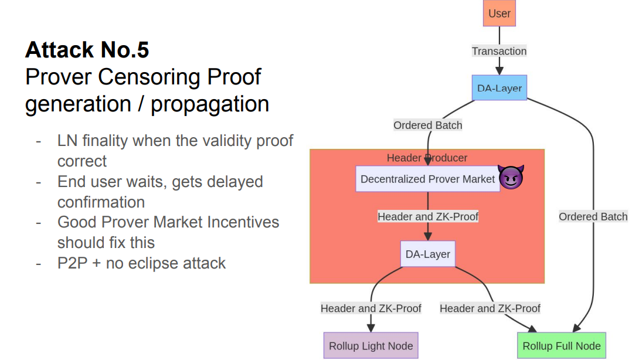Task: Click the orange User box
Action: (x=499, y=13)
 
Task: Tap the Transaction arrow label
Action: (x=499, y=51)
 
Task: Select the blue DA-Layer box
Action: (x=499, y=89)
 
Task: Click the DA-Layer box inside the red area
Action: (x=428, y=254)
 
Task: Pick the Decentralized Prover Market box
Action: (x=427, y=179)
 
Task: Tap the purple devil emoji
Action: (x=511, y=178)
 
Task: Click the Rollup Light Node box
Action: (x=371, y=346)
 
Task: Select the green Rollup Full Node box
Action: (x=561, y=346)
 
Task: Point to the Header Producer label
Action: (x=427, y=158)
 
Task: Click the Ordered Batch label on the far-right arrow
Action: (x=593, y=216)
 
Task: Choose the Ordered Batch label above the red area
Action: (x=427, y=125)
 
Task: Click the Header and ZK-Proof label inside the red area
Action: (x=427, y=216)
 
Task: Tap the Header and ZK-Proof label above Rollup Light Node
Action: (x=371, y=308)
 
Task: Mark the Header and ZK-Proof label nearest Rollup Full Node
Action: (x=490, y=308)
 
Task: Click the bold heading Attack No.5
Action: (x=87, y=50)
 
